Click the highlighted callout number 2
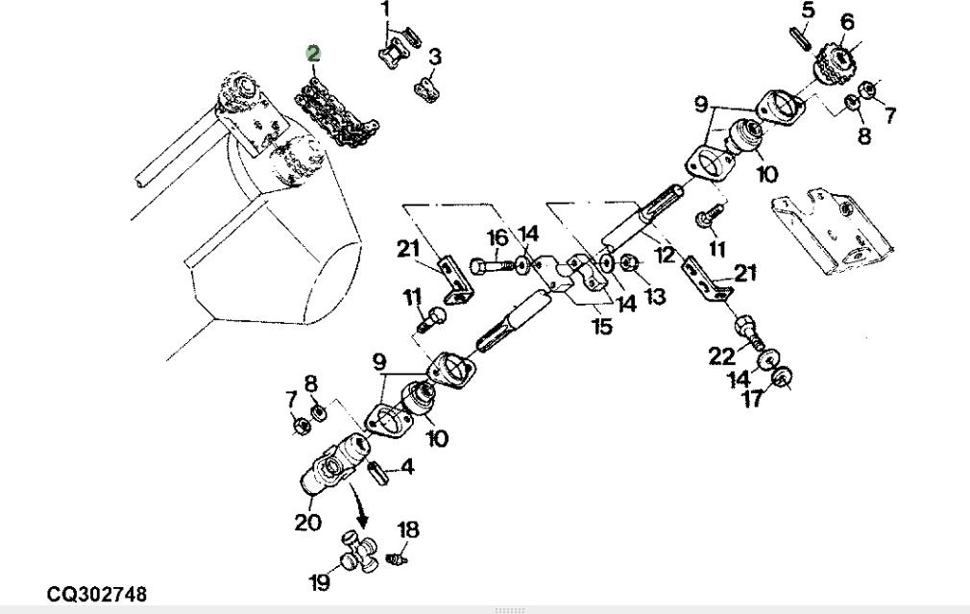(313, 54)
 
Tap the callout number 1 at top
(386, 11)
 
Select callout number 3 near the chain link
(435, 58)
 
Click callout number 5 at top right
(808, 11)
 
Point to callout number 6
(847, 22)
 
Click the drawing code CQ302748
(97, 596)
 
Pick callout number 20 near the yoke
(307, 524)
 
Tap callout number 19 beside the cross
(319, 581)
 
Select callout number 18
(408, 529)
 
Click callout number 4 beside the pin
(407, 468)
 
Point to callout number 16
(497, 238)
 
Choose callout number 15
(601, 327)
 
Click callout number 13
(655, 298)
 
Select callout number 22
(721, 356)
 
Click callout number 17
(753, 397)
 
